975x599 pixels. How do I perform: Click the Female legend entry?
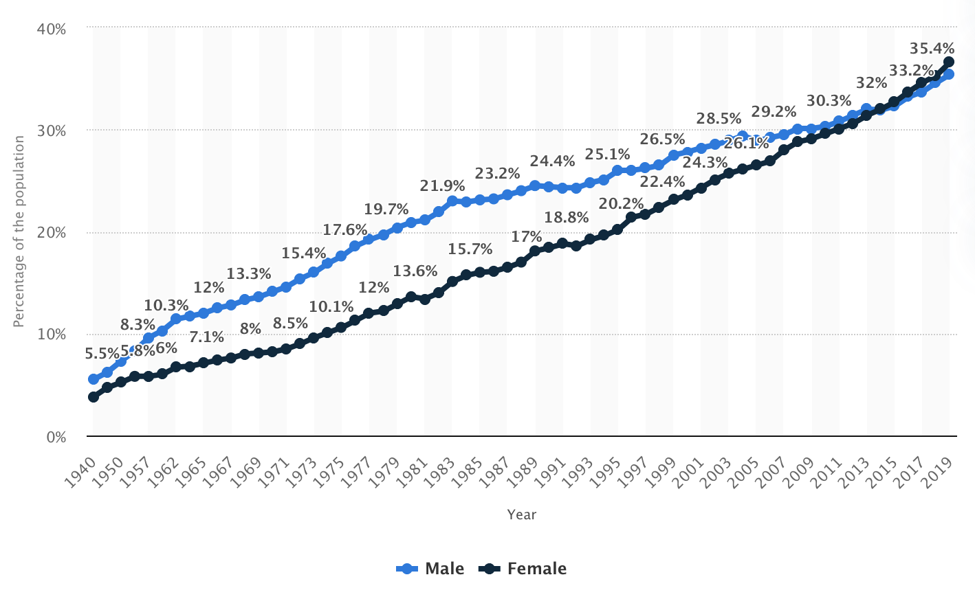[524, 569]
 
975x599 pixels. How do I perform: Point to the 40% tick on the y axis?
[52, 29]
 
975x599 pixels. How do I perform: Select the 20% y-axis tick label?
[52, 232]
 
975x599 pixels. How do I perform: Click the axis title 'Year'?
[522, 515]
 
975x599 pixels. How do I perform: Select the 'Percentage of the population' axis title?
[19, 231]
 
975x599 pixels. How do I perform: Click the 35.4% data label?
[932, 48]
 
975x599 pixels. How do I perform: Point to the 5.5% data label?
[102, 353]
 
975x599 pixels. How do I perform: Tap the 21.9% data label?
[442, 185]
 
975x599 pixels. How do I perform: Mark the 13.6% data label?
[415, 271]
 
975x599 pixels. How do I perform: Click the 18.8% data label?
[567, 217]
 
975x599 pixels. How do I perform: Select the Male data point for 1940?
[94, 379]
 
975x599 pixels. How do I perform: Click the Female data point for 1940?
[94, 397]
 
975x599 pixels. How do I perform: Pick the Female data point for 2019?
[949, 62]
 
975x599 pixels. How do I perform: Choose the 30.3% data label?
[829, 100]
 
